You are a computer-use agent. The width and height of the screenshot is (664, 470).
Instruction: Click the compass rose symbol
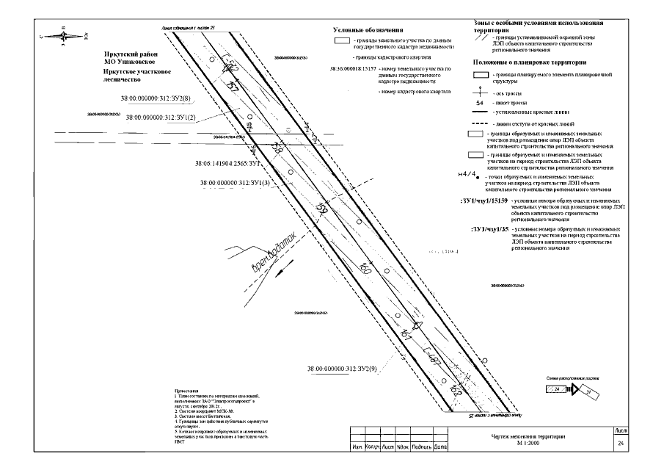[65, 32]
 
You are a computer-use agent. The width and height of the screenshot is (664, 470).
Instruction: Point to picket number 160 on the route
[366, 272]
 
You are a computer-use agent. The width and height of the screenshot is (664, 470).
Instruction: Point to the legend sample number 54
[480, 104]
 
